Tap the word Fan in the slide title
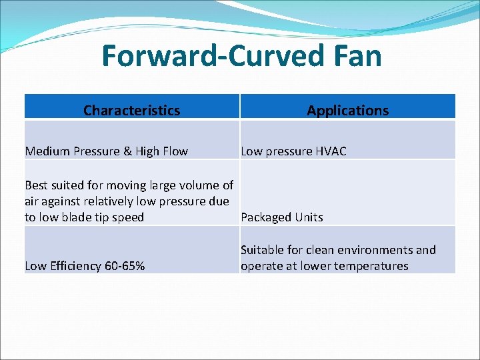click(x=357, y=56)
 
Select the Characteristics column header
click(x=131, y=111)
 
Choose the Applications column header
click(x=347, y=111)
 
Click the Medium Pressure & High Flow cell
click(x=106, y=151)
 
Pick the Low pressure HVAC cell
click(x=293, y=151)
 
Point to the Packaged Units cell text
click(x=281, y=217)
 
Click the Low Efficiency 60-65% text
click(x=85, y=266)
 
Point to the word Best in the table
click(x=36, y=185)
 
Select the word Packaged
click(x=265, y=217)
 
